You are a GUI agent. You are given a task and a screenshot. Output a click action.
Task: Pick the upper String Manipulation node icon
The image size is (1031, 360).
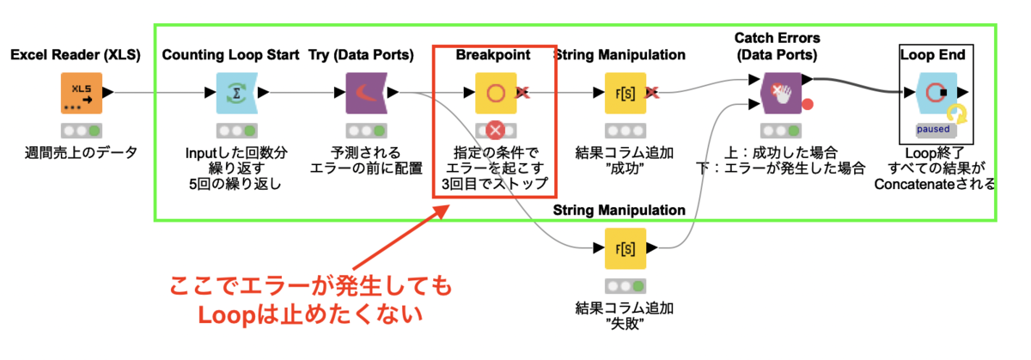(625, 94)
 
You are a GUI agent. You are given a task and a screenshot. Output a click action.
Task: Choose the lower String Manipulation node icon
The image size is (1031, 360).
(625, 249)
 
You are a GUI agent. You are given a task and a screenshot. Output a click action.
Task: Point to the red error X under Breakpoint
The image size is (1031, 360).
(496, 131)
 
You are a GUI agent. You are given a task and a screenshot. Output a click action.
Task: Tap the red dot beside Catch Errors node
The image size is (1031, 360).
(807, 106)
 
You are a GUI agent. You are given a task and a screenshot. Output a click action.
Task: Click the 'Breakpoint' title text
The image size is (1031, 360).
(493, 55)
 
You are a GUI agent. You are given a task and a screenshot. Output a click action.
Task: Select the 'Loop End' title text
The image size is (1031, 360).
(932, 55)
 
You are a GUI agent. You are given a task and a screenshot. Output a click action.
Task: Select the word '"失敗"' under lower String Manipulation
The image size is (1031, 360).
(625, 324)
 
